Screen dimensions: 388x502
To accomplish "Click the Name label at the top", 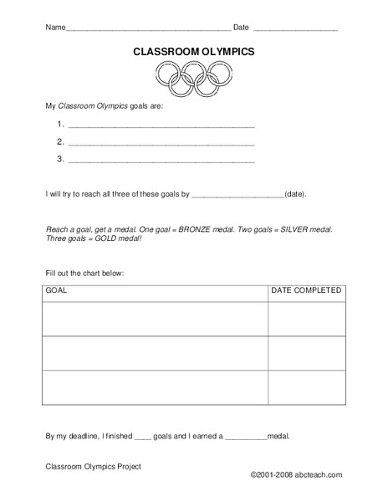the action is coord(53,28).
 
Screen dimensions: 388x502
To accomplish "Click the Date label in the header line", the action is coord(241,28).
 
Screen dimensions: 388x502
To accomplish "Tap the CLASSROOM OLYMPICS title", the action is coord(194,52).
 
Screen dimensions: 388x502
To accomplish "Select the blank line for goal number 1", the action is coord(161,125).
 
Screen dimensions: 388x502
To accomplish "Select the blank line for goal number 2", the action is coord(161,141).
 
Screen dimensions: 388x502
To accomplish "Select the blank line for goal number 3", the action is coord(161,159).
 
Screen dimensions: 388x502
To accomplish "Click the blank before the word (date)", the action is coord(237,195).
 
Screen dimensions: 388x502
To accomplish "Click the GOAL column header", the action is coord(57,291).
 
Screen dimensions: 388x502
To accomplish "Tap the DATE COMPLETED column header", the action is coord(306,291).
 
